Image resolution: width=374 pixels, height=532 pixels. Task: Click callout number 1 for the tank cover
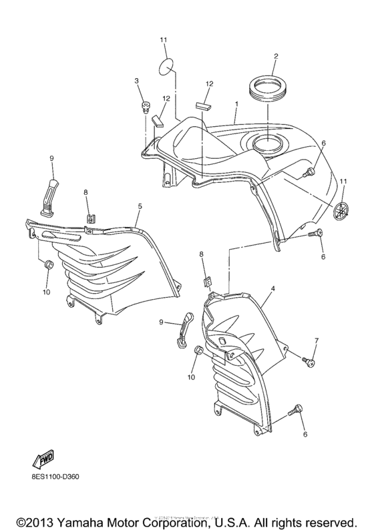click(x=236, y=105)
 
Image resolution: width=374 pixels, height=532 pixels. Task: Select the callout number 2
click(x=275, y=57)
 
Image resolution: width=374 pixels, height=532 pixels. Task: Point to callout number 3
click(x=136, y=81)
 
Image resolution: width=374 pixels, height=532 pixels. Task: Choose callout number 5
click(x=140, y=207)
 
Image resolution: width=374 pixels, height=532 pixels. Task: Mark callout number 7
click(x=317, y=341)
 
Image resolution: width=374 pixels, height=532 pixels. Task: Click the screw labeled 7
click(x=308, y=361)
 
